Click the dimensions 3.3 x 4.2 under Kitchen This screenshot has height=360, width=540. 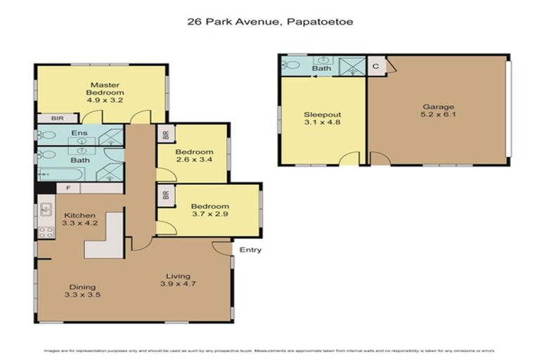[79, 224]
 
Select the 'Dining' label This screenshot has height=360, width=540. [83, 287]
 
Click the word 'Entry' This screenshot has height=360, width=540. [250, 250]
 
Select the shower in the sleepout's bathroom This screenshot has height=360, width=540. [350, 65]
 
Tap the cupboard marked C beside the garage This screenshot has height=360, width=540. [375, 65]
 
